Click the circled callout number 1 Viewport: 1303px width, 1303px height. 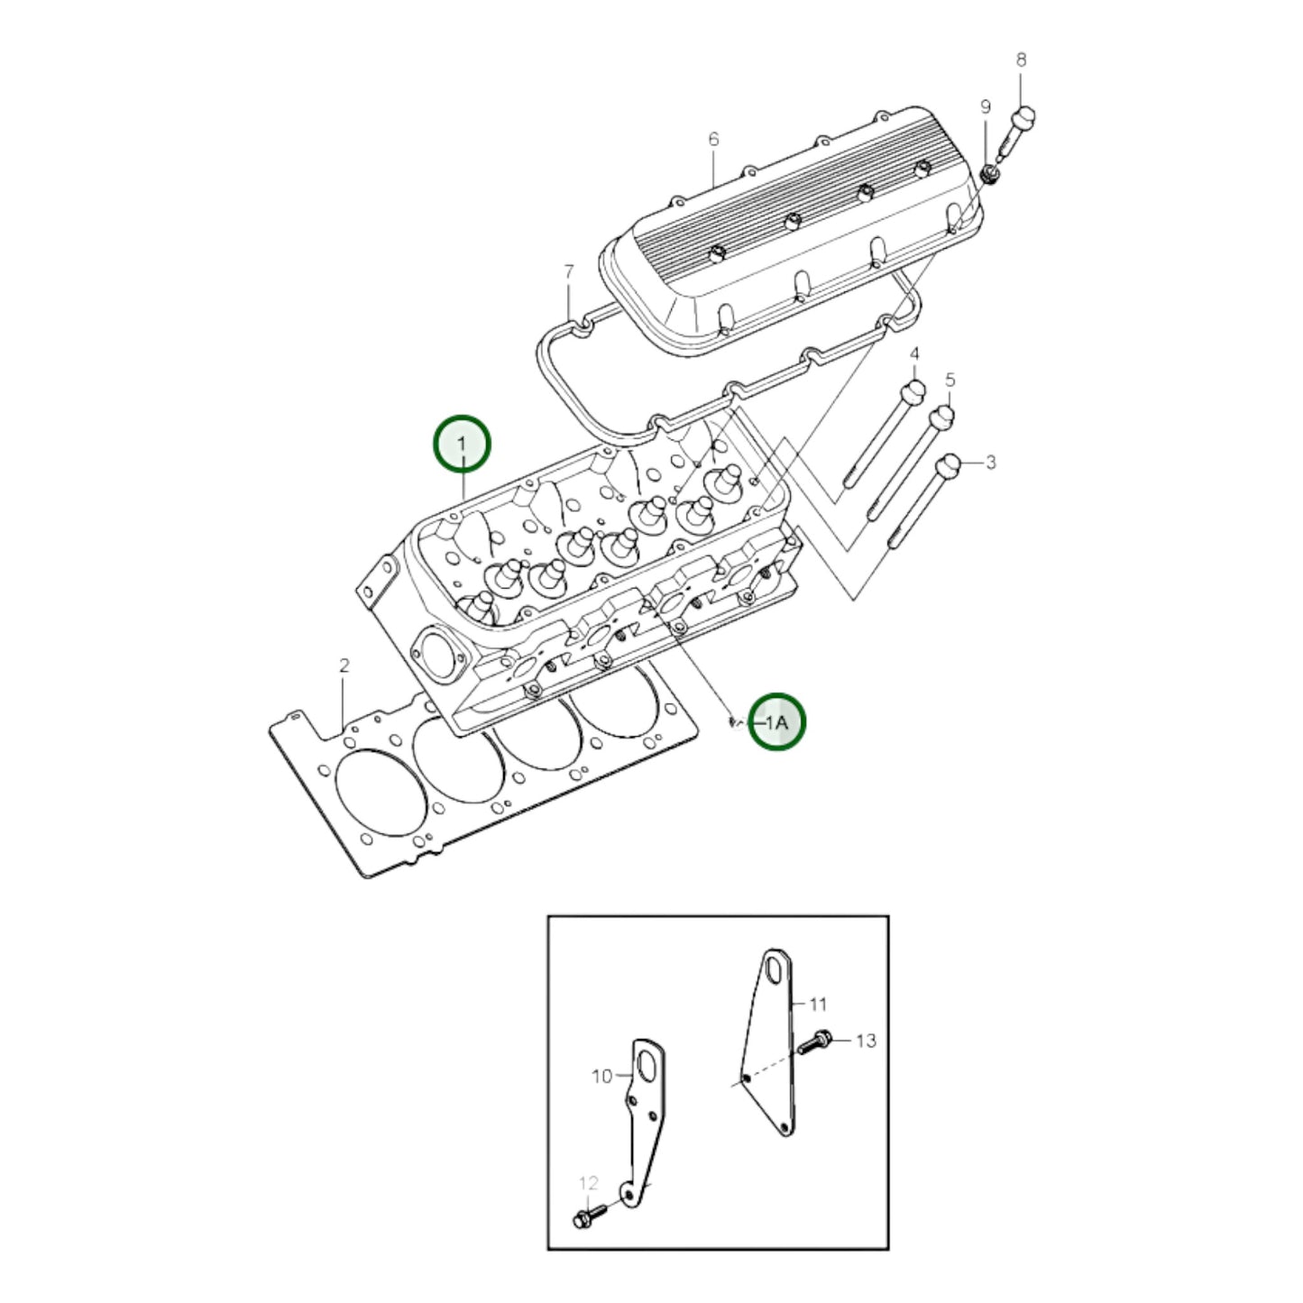(462, 444)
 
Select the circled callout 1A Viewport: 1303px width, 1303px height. (777, 721)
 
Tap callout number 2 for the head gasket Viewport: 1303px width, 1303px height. (344, 666)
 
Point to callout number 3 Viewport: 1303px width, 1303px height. (990, 463)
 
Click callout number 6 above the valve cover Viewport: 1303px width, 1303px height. (713, 139)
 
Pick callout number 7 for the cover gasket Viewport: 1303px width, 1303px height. (568, 271)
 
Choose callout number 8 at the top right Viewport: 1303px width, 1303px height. (1021, 60)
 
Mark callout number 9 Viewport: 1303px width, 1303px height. (985, 107)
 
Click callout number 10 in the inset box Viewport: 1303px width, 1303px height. (601, 1076)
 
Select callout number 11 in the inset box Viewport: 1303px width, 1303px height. (818, 1004)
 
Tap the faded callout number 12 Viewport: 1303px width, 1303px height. (588, 1183)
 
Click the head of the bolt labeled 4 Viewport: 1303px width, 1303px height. (913, 392)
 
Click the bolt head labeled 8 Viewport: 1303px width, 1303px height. (1025, 117)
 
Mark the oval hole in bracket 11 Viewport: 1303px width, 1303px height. (774, 973)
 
